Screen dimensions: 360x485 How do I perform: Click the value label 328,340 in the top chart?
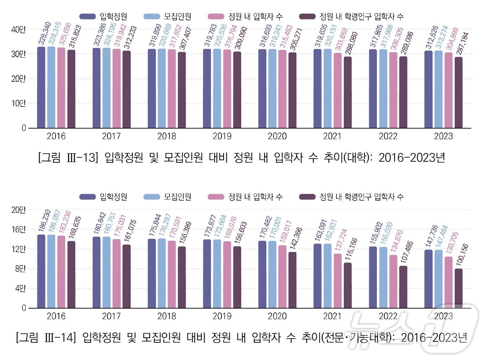click(45, 34)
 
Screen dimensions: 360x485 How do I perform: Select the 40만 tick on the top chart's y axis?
click(18, 30)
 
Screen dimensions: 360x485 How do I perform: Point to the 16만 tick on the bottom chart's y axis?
click(18, 230)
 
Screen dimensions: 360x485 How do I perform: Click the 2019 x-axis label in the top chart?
click(222, 136)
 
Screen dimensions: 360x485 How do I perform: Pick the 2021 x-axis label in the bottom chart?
click(332, 316)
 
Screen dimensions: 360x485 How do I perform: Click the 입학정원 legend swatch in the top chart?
click(87, 17)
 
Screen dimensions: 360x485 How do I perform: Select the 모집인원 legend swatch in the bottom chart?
click(152, 197)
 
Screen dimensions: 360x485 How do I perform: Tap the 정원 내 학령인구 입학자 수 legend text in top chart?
click(361, 17)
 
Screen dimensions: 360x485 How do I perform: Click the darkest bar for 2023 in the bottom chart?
click(458, 288)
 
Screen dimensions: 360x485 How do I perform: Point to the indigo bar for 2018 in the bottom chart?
click(152, 273)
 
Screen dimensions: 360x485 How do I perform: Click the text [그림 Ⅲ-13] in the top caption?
click(67, 157)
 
